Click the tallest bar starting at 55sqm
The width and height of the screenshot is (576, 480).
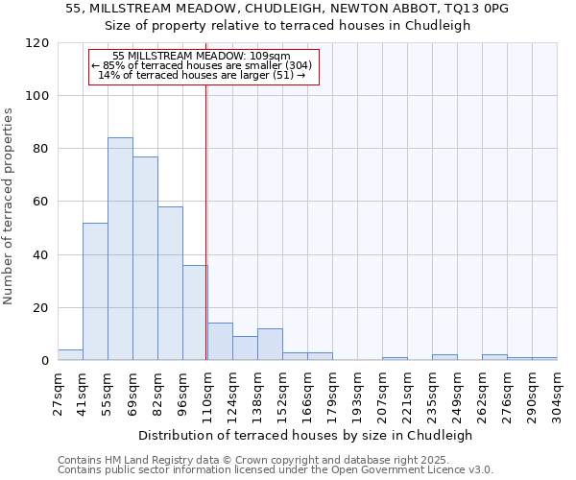120,250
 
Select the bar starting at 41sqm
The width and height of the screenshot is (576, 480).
95,292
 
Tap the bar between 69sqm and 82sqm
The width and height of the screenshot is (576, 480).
145,259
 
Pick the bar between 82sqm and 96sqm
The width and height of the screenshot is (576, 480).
170,284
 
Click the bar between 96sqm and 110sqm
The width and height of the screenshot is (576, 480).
195,313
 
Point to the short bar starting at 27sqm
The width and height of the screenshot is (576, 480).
70,355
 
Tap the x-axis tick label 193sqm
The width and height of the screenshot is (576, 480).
357,395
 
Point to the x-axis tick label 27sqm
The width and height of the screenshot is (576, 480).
58,395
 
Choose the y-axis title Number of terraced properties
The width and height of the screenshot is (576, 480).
10,206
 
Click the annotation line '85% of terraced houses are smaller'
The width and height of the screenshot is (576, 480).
203,65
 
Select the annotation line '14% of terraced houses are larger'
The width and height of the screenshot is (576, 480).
203,75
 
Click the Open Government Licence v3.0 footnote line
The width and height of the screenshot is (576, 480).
276,470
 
